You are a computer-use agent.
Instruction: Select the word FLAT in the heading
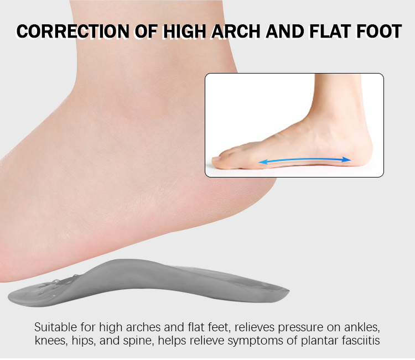pyautogui.click(x=330, y=32)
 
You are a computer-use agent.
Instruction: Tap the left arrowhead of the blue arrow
pyautogui.click(x=262, y=162)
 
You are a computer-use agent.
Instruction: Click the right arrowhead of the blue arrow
pyautogui.click(x=346, y=159)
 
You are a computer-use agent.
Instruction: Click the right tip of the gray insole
pyautogui.click(x=288, y=291)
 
